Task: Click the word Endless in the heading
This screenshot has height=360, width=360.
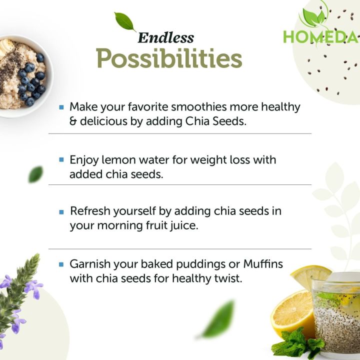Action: tap(165, 37)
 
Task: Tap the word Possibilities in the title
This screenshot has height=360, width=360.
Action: tap(169, 59)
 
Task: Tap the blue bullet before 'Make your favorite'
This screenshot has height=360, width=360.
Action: tap(61, 107)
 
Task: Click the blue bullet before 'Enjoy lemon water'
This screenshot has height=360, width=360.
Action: tap(61, 160)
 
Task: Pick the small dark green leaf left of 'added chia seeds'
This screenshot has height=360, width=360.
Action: tap(35, 174)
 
